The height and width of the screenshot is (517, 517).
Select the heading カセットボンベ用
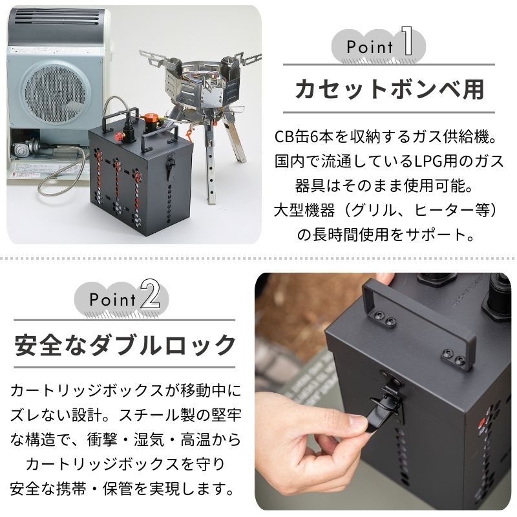pyautogui.click(x=389, y=89)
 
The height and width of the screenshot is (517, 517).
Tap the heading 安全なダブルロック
pyautogui.click(x=125, y=344)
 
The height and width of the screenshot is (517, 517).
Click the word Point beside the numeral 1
pyautogui.click(x=370, y=47)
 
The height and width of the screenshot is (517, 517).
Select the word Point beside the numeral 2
pyautogui.click(x=112, y=300)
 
